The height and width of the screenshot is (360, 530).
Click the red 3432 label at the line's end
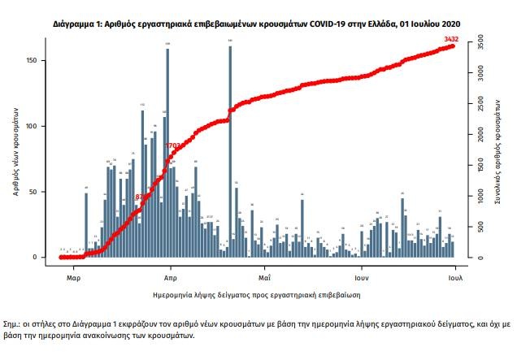450,39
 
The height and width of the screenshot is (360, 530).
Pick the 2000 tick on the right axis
481,133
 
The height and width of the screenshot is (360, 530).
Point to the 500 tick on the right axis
481,228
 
